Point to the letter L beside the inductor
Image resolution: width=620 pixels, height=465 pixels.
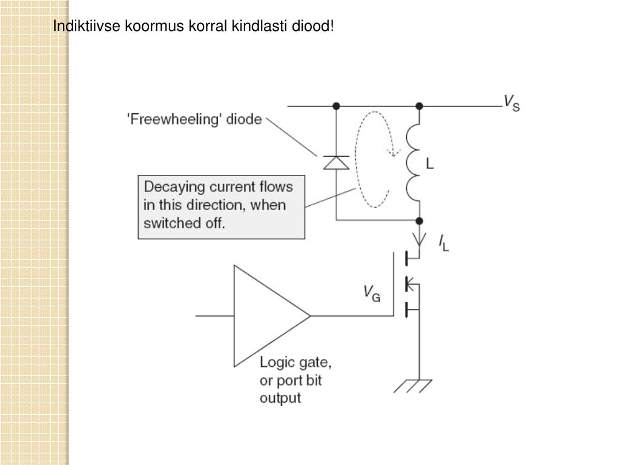coord(430,164)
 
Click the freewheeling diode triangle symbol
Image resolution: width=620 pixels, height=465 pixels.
coord(336,162)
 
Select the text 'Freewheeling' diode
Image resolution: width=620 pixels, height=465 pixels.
coord(194,119)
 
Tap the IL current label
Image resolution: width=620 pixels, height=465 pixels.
coord(444,243)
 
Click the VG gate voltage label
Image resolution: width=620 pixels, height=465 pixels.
coord(371,294)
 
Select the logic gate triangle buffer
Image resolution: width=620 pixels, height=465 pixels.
coord(266,315)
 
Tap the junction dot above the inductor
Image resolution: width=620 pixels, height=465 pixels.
coord(419,106)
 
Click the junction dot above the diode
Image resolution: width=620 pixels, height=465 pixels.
coord(336,106)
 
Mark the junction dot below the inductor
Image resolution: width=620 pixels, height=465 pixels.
coord(419,221)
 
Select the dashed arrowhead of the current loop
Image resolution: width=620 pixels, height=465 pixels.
coord(394,151)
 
